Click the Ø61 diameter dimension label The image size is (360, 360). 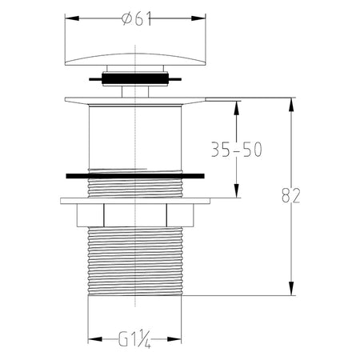137,19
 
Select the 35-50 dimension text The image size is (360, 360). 237,150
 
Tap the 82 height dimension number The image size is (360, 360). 291,195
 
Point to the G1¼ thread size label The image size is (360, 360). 134,339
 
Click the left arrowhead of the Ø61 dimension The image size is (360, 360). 72,18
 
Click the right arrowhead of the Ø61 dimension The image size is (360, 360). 198,18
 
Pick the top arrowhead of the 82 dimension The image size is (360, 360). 291,105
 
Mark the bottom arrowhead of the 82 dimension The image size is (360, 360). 291,288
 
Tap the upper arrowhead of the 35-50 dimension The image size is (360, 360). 236,108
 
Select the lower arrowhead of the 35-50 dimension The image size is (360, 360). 236,190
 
